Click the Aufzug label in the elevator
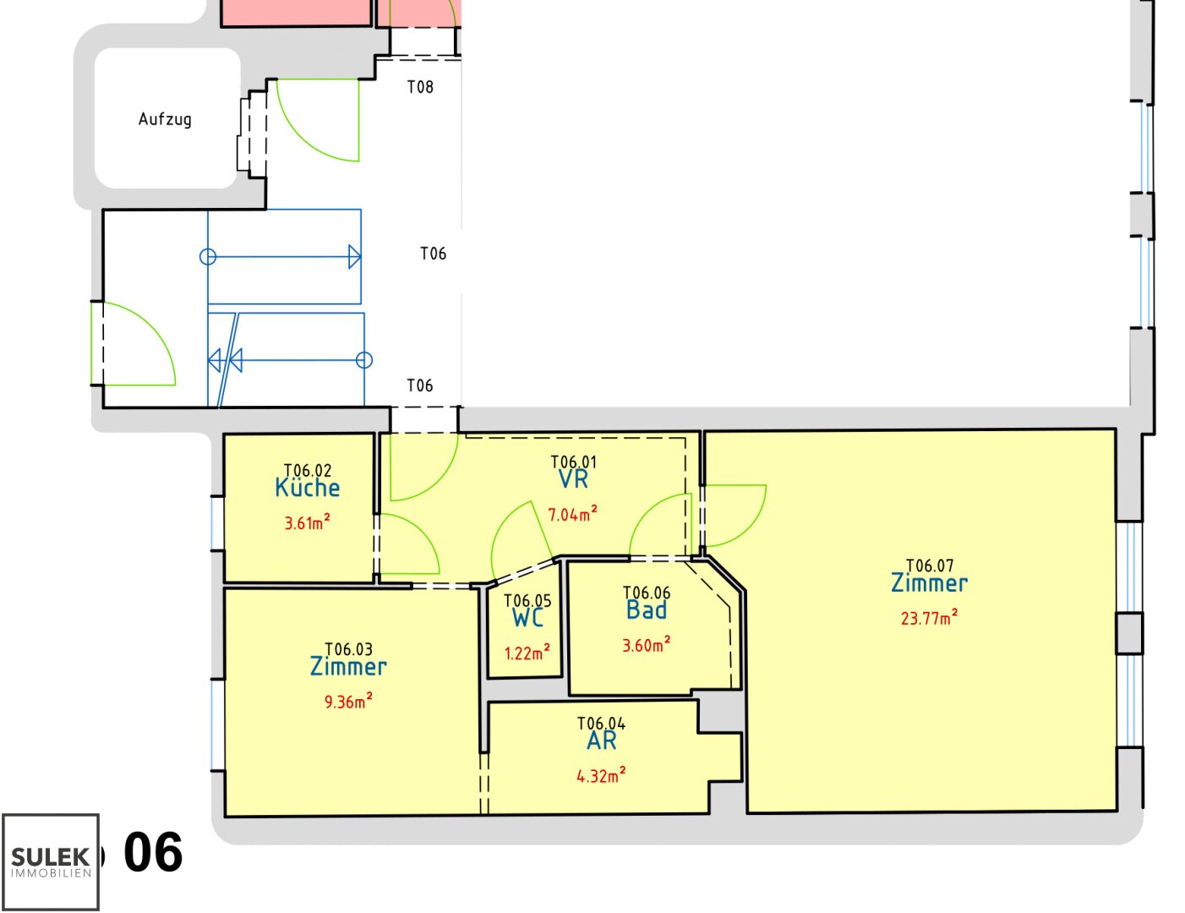pos(165,119)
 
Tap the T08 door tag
pos(420,87)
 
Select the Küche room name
pos(308,487)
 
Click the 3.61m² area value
pos(307,522)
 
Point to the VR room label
pos(574,479)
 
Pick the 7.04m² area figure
pos(572,514)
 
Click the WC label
pos(528,617)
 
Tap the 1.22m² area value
pos(527,653)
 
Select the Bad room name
pos(647,610)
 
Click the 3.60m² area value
pos(647,645)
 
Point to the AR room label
pos(602,741)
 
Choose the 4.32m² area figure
pos(602,775)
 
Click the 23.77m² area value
pos(929,618)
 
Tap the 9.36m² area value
pos(348,701)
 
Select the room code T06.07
pos(930,566)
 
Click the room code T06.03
pos(349,649)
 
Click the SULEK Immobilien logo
pos(51,861)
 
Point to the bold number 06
pos(153,852)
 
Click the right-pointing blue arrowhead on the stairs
pos(354,256)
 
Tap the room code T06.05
pos(528,600)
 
